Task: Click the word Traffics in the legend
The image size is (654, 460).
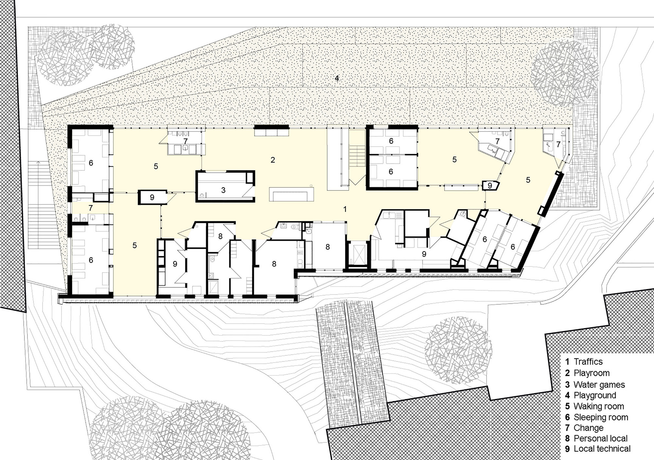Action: coord(588,362)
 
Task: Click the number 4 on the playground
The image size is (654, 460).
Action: coord(337,78)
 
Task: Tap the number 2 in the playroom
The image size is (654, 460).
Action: coord(273,160)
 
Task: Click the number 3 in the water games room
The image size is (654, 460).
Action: coord(223,190)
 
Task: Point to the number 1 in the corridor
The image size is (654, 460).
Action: coord(345,209)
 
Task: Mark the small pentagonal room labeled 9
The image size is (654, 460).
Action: coord(490,186)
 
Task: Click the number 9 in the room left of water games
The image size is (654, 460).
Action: coord(152,197)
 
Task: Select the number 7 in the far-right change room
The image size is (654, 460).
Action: coord(558,144)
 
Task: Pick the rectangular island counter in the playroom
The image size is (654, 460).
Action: coord(291,194)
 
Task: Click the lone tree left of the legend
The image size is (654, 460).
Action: coord(458,350)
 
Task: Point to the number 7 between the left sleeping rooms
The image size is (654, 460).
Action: coord(91,208)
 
